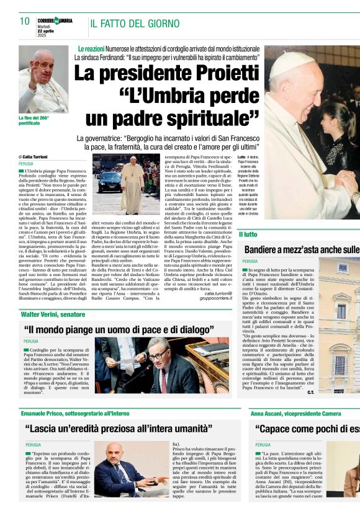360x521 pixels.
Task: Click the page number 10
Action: [x=25, y=21]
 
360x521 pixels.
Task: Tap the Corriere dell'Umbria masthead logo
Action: [x=55, y=20]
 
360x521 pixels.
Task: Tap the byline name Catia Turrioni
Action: [x=41, y=158]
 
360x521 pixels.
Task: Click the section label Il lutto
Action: [x=248, y=234]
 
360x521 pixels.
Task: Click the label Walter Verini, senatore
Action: [x=53, y=314]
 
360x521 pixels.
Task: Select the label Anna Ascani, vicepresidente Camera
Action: [x=295, y=414]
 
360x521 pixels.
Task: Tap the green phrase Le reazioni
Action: [x=91, y=48]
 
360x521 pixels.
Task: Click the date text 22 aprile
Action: [x=46, y=31]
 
